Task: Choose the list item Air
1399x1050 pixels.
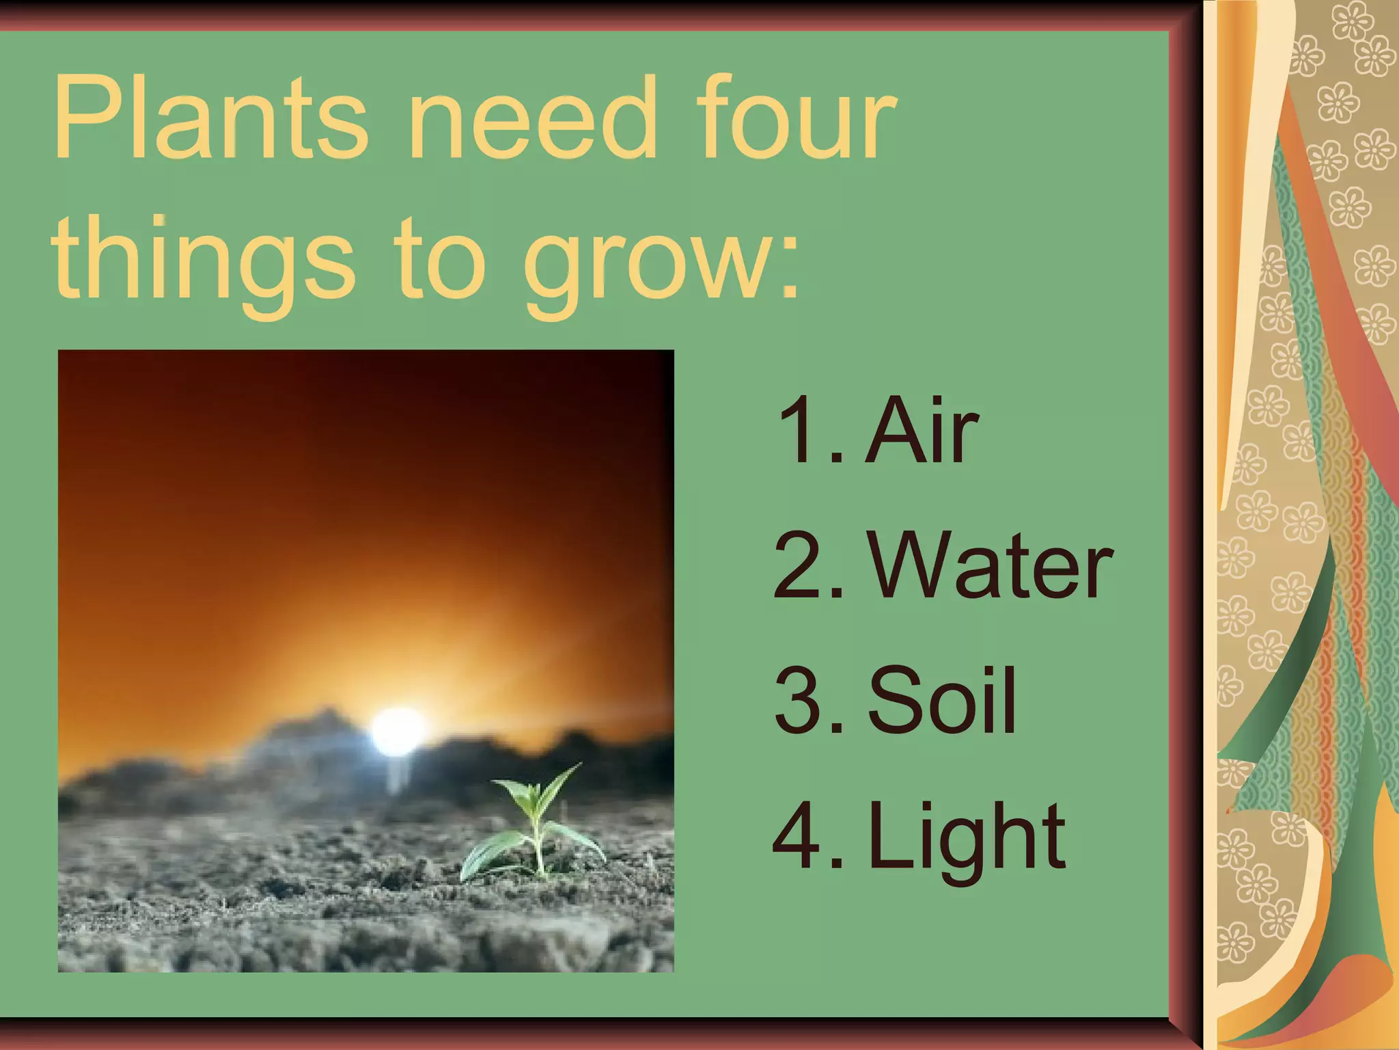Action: pos(922,431)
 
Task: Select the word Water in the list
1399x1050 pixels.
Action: pos(991,566)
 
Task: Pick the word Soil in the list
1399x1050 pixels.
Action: pos(943,700)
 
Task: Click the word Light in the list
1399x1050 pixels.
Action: pos(967,837)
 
